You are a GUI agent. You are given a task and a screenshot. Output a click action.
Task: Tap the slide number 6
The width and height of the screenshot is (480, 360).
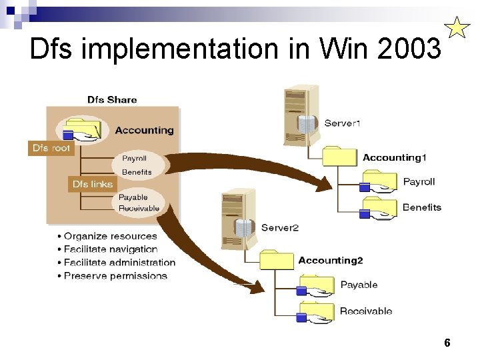click(x=447, y=343)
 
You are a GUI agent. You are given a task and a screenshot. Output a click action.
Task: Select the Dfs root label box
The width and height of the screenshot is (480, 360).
click(x=51, y=148)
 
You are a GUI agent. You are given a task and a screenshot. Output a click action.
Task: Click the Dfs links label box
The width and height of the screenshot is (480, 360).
click(x=93, y=183)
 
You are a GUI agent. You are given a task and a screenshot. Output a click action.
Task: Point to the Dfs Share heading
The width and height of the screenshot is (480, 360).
click(x=112, y=100)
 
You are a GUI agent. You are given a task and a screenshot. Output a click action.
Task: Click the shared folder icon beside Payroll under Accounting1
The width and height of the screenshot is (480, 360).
click(x=378, y=181)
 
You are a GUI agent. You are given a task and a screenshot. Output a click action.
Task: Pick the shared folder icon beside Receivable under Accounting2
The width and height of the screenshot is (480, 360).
click(x=315, y=311)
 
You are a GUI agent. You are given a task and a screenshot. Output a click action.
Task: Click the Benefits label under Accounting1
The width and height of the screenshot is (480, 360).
click(x=422, y=207)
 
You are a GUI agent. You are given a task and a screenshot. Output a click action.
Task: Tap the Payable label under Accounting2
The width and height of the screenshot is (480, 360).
click(x=359, y=285)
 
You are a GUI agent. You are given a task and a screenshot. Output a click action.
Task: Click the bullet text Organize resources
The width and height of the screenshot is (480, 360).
click(x=110, y=236)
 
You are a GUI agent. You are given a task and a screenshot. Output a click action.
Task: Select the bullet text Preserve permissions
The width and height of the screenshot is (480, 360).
click(x=115, y=276)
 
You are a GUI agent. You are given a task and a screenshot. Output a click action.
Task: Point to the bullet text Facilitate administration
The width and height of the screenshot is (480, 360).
click(x=119, y=263)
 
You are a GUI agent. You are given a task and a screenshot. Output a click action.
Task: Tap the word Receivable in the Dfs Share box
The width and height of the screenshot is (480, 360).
click(x=139, y=209)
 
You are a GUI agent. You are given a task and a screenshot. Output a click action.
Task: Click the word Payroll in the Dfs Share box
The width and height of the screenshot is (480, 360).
click(x=134, y=159)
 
